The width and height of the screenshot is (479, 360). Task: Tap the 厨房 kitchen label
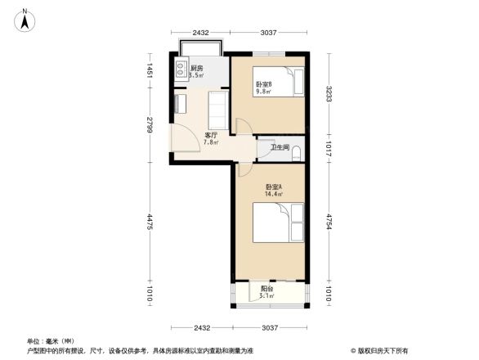point(197,68)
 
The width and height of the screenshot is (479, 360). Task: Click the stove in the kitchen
point(179,70)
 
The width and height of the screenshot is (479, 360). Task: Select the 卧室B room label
point(263,84)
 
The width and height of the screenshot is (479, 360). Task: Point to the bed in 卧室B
point(286,82)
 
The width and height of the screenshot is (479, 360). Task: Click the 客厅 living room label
point(210,135)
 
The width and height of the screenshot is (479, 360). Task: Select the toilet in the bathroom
point(297,151)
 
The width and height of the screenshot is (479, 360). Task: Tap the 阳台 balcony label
point(267,289)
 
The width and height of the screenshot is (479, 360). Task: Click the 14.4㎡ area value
point(273,195)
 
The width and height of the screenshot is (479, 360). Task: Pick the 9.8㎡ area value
point(263,92)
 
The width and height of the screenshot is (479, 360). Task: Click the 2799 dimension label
point(150,124)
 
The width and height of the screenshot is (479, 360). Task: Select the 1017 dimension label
point(329,149)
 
